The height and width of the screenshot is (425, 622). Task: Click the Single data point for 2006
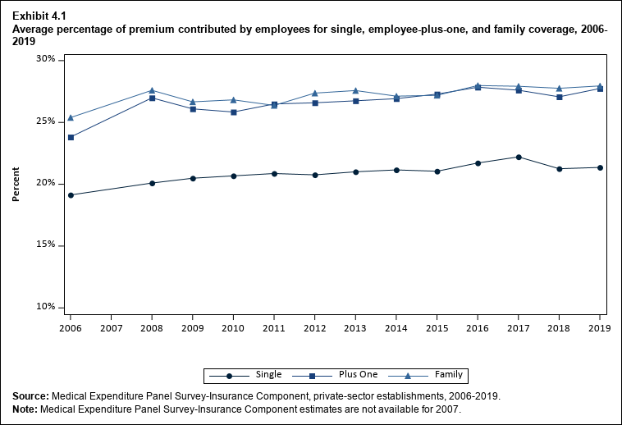pos(71,195)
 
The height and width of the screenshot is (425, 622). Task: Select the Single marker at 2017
pos(519,157)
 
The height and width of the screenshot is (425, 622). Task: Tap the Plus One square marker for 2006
pos(71,137)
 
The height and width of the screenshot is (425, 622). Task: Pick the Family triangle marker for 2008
pos(152,90)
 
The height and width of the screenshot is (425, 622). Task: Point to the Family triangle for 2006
pos(71,117)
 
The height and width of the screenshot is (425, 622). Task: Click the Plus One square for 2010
pos(233,112)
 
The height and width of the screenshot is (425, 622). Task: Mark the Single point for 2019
pos(600,167)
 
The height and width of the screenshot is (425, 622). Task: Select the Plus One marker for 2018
pos(560,97)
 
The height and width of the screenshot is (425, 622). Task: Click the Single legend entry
pos(254,375)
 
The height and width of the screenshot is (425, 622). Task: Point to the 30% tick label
pos(45,60)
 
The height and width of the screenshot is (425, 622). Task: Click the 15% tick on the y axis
pos(45,245)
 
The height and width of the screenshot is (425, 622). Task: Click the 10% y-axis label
pos(45,307)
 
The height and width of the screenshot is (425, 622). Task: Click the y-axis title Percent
pos(16,184)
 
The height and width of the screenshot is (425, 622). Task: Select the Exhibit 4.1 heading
pos(39,16)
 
